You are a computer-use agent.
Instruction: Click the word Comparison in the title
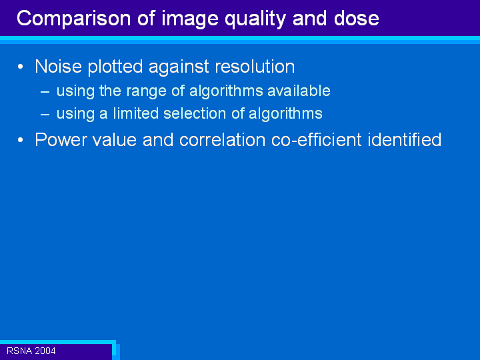pyautogui.click(x=74, y=19)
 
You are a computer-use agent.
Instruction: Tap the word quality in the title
pyautogui.click(x=255, y=19)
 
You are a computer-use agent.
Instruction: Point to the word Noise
pyautogui.click(x=59, y=66)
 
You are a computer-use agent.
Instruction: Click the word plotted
pyautogui.click(x=115, y=67)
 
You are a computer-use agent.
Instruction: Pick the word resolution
pyautogui.click(x=255, y=66)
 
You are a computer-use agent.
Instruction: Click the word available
pyautogui.click(x=299, y=91)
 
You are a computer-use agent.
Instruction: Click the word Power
pyautogui.click(x=61, y=139)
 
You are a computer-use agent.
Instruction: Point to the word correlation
pyautogui.click(x=222, y=139)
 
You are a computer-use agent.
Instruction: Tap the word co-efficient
pyautogui.click(x=317, y=139)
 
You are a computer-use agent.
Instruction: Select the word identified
pyautogui.click(x=405, y=139)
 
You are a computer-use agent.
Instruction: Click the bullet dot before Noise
pyautogui.click(x=21, y=67)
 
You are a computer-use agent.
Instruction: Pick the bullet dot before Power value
pyautogui.click(x=21, y=140)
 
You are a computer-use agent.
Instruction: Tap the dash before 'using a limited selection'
pyautogui.click(x=45, y=114)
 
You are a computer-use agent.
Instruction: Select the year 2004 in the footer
pyautogui.click(x=45, y=351)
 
